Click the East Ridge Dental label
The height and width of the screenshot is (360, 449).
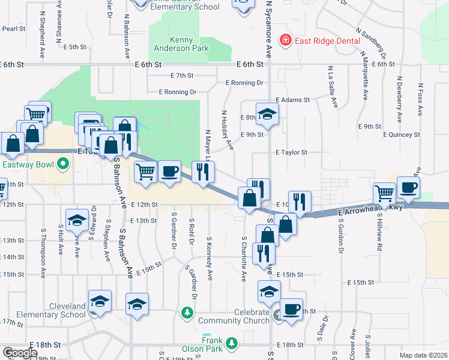(327, 41)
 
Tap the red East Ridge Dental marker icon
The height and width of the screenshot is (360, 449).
(286, 40)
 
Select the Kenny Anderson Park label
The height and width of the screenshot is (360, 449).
(181, 44)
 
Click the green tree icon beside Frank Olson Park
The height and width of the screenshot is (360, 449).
(231, 344)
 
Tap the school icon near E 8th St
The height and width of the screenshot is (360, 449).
(268, 113)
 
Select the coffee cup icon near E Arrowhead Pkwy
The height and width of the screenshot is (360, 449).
(408, 187)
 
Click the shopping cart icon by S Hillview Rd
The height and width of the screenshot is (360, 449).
(385, 193)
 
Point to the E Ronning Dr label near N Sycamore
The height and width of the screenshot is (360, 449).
(244, 82)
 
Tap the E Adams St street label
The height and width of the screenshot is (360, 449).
(292, 100)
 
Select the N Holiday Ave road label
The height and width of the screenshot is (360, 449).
(227, 129)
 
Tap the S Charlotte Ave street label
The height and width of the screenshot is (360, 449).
(244, 259)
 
